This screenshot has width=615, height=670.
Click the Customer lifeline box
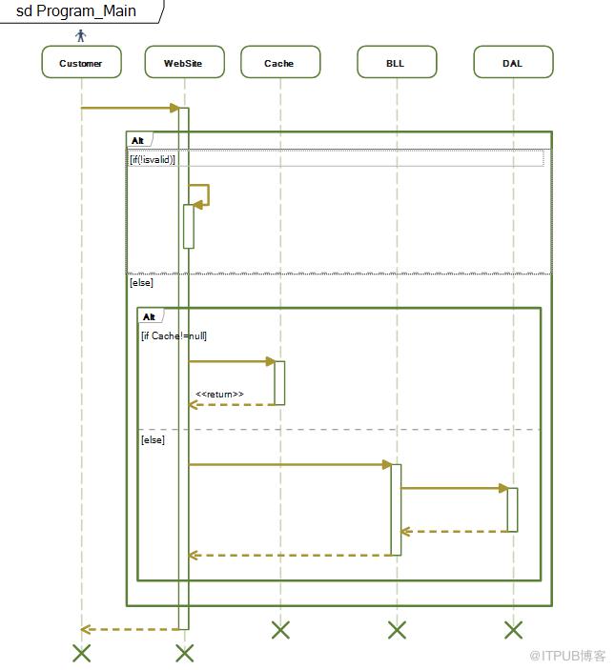point(81,62)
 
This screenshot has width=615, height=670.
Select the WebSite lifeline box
point(185,62)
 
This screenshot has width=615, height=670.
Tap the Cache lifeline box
point(280,62)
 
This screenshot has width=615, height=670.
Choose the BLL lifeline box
point(397,62)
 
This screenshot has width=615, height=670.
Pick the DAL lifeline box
point(513,62)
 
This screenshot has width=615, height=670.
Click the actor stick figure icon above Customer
point(81,35)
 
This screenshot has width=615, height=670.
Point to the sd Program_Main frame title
point(76,10)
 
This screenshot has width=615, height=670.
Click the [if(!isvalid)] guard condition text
point(153,159)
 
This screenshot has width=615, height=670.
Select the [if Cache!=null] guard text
point(174,335)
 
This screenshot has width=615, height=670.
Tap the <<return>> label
point(219,394)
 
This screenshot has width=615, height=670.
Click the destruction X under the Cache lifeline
point(280,630)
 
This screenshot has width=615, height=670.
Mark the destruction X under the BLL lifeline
point(397,630)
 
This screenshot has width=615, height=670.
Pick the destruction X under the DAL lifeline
point(513,630)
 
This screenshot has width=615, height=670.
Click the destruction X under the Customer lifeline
point(81,654)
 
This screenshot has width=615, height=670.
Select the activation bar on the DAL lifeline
point(512,510)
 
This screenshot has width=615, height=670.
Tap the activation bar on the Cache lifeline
point(279,383)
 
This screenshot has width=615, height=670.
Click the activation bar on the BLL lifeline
point(397,510)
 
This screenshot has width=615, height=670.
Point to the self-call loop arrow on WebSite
point(208,194)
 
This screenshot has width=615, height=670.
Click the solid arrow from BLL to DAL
point(454,488)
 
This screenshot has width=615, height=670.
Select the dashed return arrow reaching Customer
point(130,629)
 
